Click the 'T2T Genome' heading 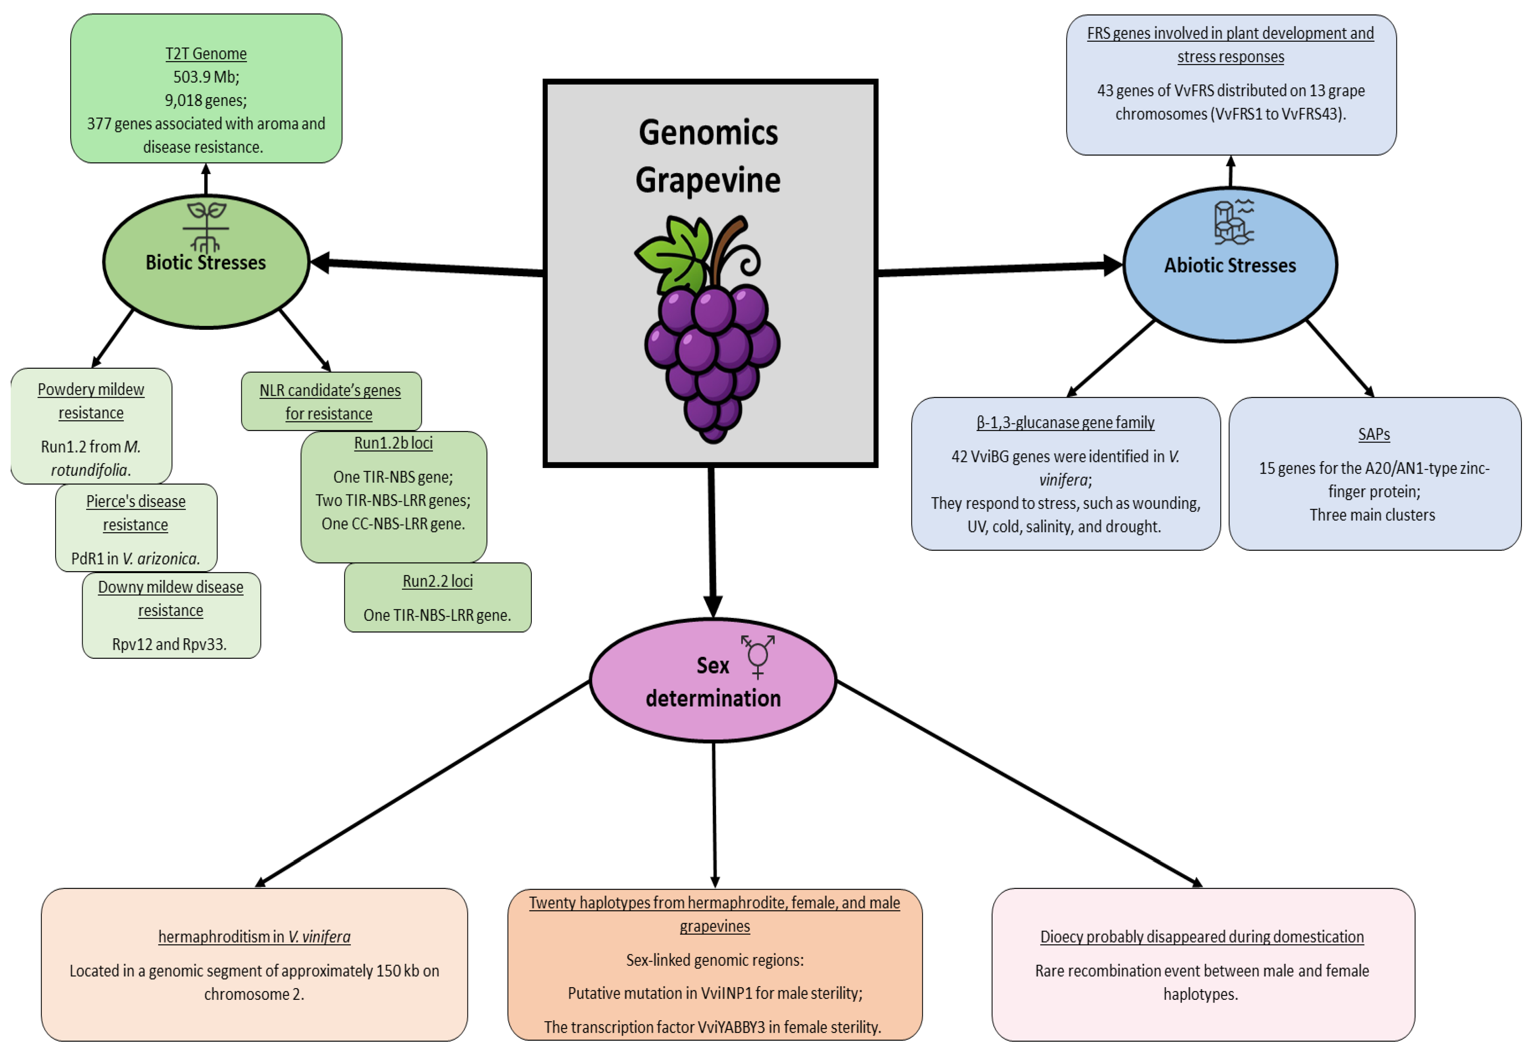click(206, 54)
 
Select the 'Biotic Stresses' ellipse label click(206, 262)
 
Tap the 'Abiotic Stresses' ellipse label click(1230, 266)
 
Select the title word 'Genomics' click(708, 133)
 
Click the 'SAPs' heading click(1374, 435)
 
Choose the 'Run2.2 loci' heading click(438, 581)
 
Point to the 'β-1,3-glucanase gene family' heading click(1066, 423)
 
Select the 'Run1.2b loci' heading click(393, 443)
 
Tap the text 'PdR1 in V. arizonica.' click(136, 559)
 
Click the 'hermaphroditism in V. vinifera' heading click(254, 937)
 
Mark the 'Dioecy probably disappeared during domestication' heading click(1202, 937)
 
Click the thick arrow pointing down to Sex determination click(712, 543)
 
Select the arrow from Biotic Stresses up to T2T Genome click(206, 179)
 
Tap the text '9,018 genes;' click(206, 101)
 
